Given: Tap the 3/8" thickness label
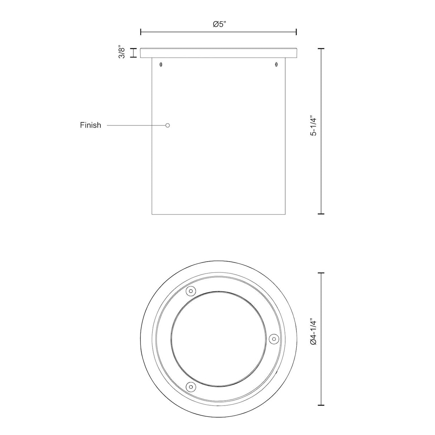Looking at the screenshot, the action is (x=122, y=53).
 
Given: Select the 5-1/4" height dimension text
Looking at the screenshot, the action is (x=314, y=126).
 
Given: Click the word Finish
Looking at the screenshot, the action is (x=91, y=125).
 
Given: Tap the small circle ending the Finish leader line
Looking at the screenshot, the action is (x=167, y=125).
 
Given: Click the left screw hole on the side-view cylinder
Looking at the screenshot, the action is (x=161, y=64).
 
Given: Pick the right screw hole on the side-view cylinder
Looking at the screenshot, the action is (x=276, y=64).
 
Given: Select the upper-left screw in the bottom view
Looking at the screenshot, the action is (x=191, y=291).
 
